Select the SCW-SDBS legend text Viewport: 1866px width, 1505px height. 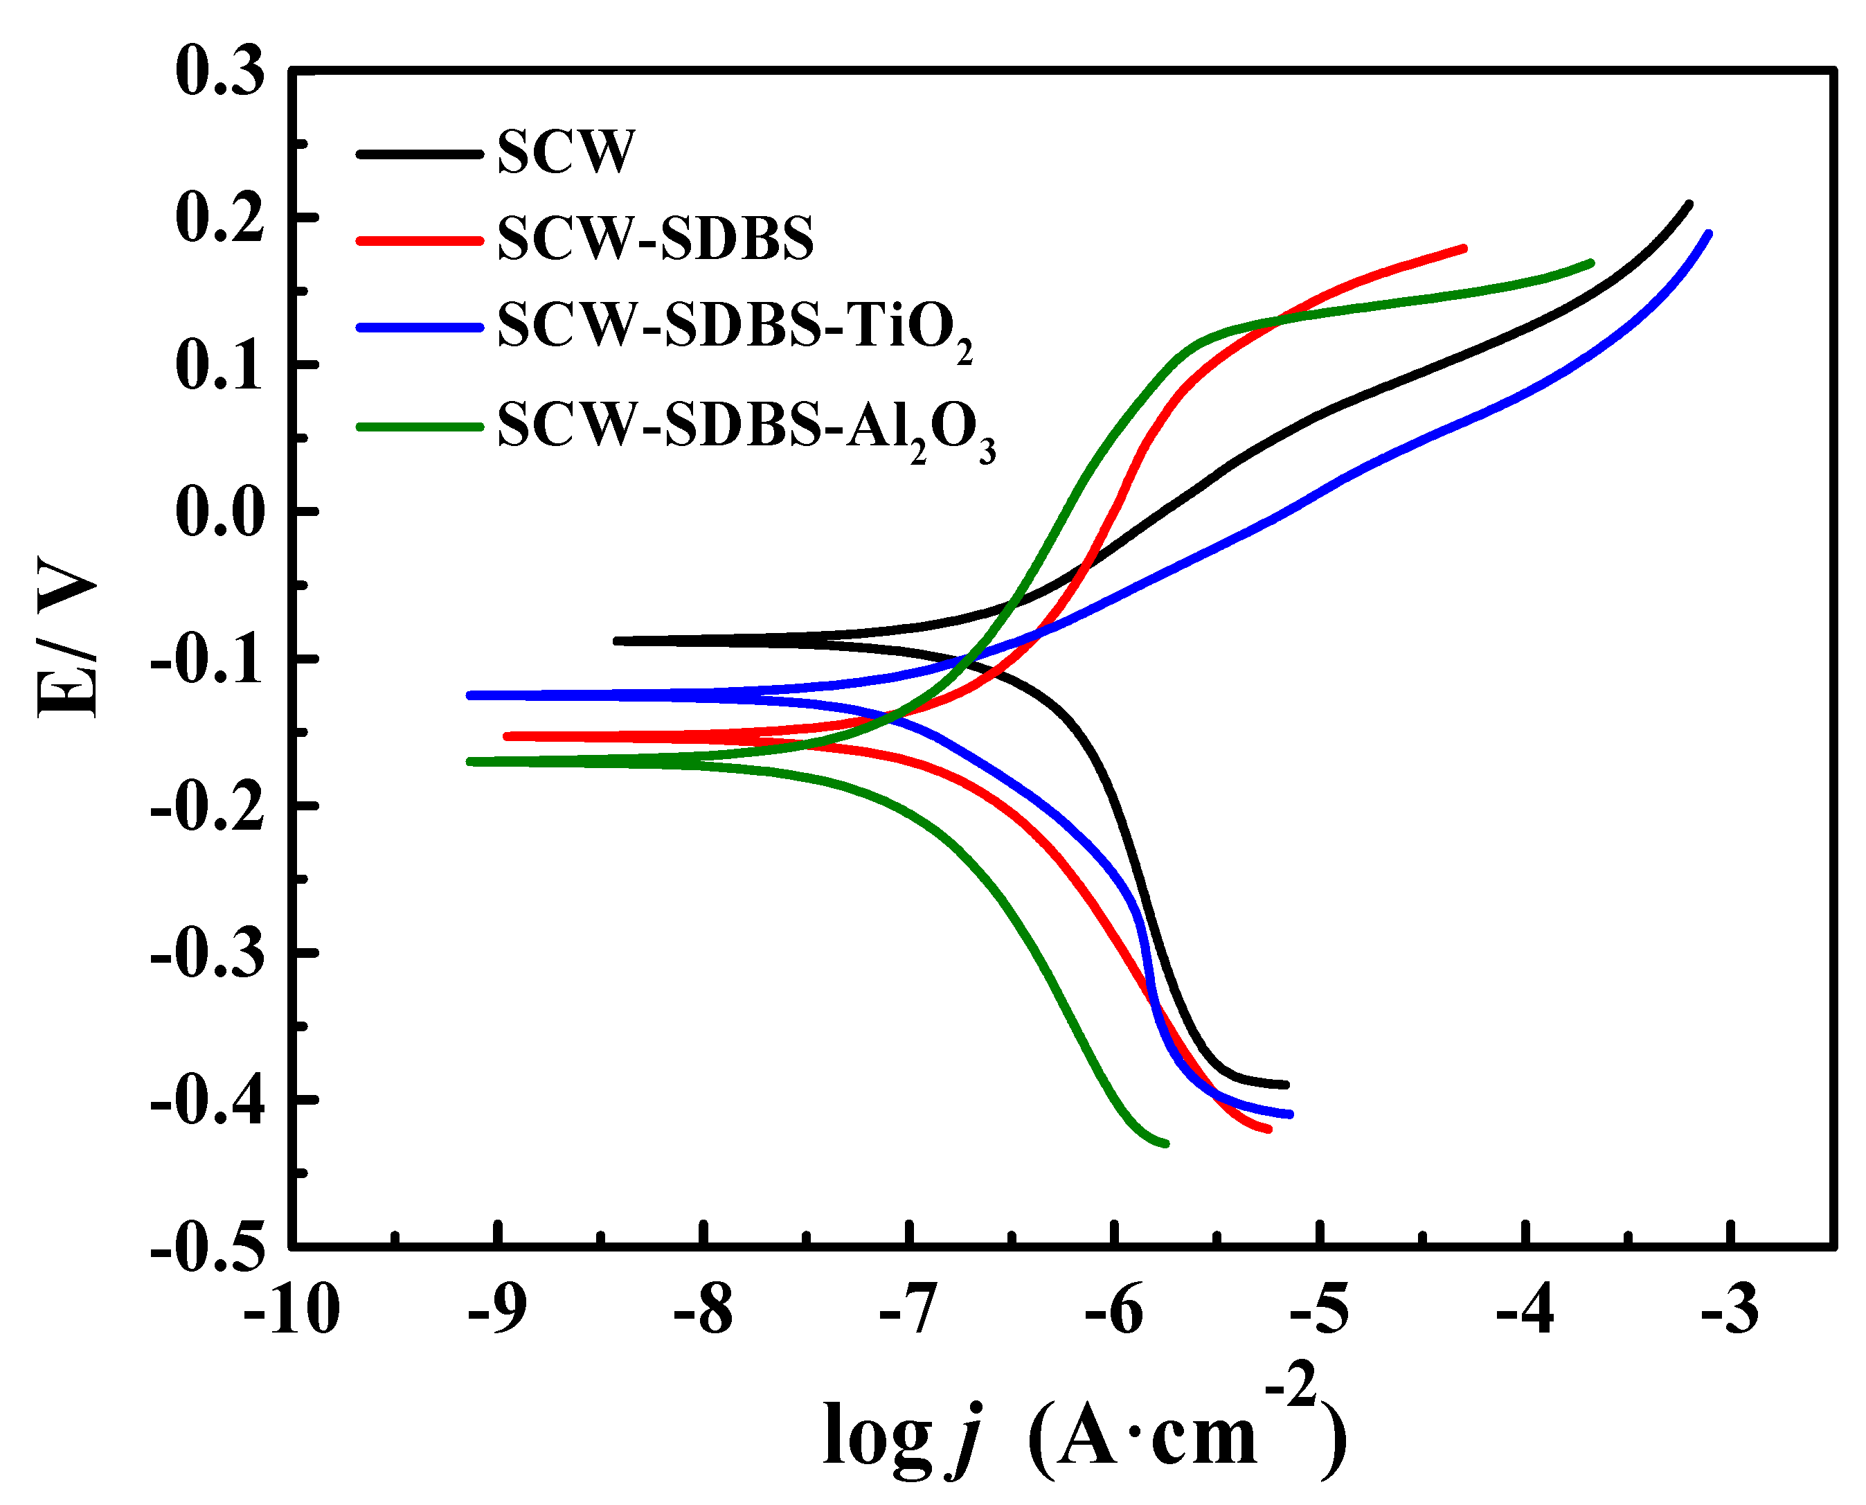pos(655,238)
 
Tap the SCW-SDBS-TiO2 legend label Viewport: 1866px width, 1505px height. pos(733,328)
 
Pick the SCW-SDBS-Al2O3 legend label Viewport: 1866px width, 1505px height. pos(745,427)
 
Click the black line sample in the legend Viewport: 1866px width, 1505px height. pos(420,154)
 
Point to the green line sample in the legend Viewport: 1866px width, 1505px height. pos(420,427)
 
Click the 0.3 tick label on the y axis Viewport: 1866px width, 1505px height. pos(219,71)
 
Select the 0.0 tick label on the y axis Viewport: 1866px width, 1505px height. pos(219,513)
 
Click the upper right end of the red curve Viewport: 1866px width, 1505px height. pos(1464,248)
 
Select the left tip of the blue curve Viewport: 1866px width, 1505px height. pos(469,695)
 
